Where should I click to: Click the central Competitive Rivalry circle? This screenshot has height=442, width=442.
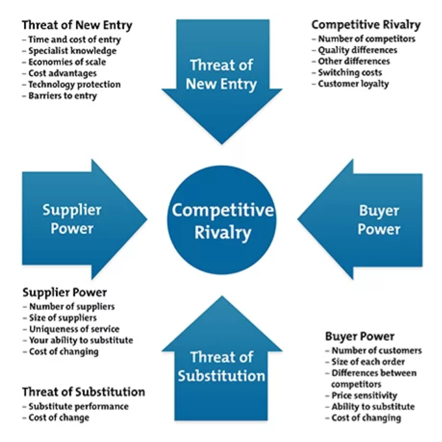(222, 220)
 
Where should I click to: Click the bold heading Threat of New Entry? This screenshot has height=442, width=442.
(77, 26)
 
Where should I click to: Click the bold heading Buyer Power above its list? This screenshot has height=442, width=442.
(359, 336)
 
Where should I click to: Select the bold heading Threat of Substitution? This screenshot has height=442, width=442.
(83, 392)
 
